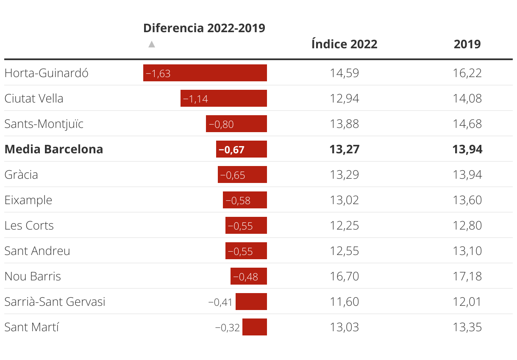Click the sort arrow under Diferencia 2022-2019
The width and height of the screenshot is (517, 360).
(152, 44)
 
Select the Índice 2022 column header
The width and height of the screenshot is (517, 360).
(344, 44)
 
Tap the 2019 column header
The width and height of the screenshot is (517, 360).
(467, 44)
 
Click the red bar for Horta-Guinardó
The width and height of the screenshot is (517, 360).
(205, 73)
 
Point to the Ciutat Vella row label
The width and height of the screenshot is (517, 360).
(34, 98)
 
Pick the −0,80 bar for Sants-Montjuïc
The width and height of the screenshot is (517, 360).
(236, 124)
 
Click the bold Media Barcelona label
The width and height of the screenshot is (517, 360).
(54, 149)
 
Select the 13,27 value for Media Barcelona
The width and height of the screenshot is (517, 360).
(344, 149)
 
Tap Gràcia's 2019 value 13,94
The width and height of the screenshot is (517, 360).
(467, 174)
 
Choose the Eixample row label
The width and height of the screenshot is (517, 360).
(28, 200)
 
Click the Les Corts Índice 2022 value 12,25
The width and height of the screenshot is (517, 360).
(344, 225)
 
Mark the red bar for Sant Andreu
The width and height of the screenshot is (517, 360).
(246, 251)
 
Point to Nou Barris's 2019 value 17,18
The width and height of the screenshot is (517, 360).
(467, 276)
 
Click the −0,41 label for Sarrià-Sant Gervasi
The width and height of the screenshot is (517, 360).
(220, 302)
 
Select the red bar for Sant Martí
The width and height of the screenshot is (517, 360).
(255, 327)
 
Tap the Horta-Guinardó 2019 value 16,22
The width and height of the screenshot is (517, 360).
(467, 73)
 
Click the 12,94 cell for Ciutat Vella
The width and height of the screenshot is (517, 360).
(344, 98)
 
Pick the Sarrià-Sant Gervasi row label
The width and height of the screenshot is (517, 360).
(55, 302)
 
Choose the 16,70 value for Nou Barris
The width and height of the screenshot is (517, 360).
(344, 276)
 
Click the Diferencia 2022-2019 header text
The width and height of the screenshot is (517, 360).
(204, 28)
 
